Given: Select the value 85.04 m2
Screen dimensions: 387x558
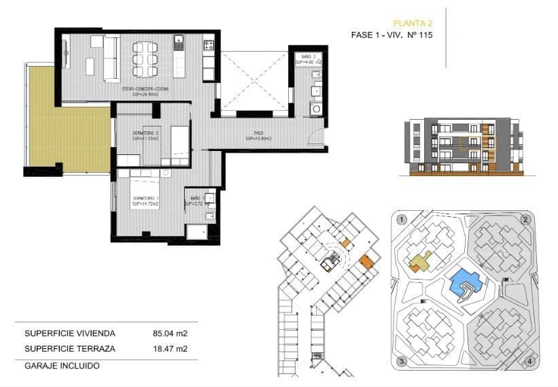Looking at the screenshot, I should point(170,333).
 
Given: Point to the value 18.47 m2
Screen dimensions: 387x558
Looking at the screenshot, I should point(170,349).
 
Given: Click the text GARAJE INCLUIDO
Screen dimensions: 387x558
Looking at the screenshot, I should point(62,365).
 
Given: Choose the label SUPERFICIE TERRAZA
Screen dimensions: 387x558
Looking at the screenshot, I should point(70,349).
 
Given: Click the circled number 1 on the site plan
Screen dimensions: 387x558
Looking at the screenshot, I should point(402,220).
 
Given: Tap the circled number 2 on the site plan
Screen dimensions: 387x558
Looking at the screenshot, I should point(525,220).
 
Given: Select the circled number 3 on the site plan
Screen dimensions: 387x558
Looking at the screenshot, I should point(402,360).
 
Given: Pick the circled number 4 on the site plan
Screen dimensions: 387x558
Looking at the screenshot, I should point(529,360).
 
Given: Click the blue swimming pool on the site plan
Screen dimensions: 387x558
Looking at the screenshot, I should point(466,280).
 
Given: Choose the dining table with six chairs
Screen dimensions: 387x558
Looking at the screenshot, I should point(145,58).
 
